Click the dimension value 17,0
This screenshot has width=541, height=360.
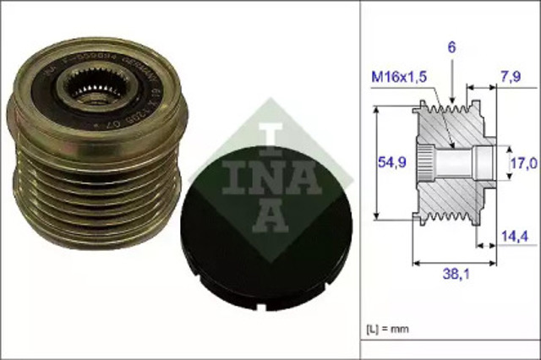pos(520,160)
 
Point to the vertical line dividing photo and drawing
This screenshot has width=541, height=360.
pos(360,169)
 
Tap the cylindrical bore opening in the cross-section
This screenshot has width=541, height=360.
pos(483,160)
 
